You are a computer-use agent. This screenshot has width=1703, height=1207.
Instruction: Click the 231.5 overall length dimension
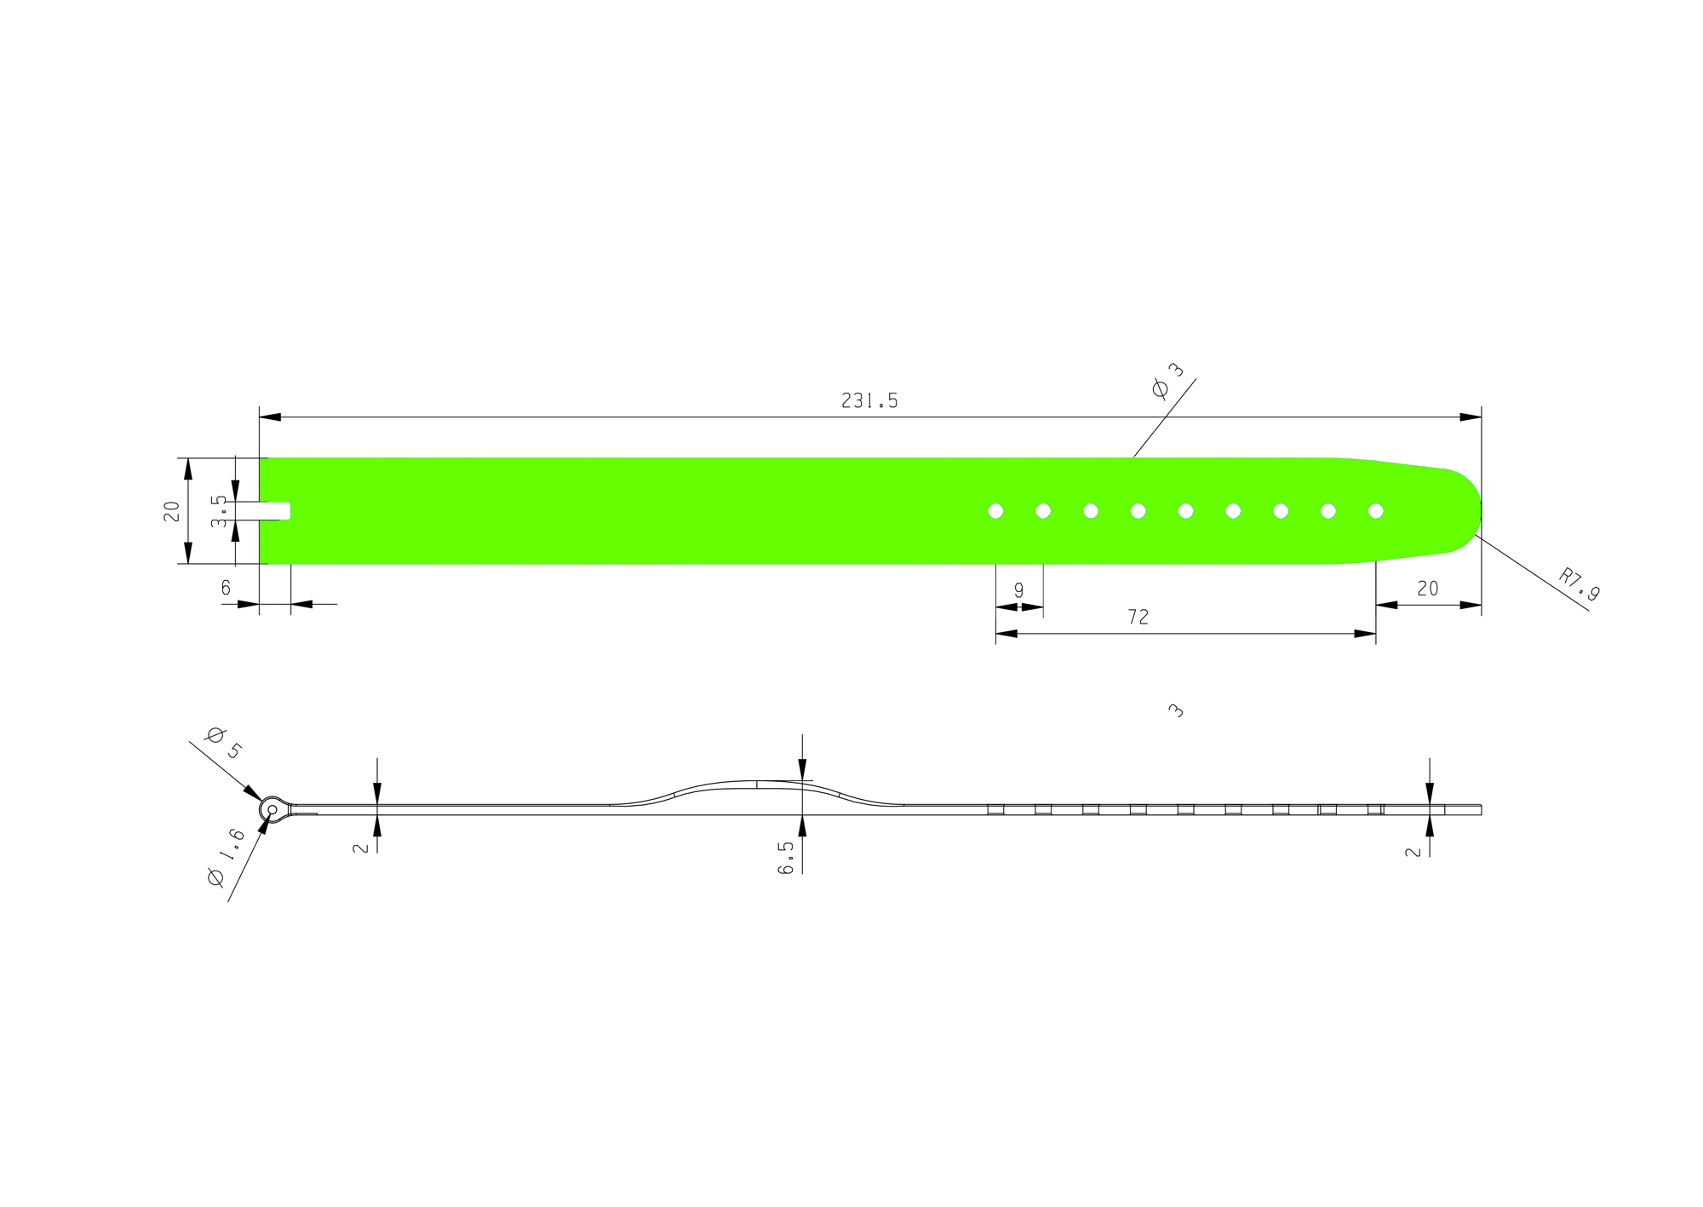869,400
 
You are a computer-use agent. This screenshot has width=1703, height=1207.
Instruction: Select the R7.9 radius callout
1579,584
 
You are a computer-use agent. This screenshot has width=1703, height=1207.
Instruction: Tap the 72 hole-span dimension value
1138,618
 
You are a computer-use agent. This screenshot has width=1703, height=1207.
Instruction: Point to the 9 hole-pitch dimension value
1018,590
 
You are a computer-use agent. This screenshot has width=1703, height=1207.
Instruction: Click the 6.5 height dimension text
786,857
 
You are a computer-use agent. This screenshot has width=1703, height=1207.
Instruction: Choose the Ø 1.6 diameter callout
226,858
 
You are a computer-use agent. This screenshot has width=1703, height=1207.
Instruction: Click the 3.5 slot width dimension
219,511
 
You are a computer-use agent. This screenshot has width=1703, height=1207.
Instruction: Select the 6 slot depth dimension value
226,588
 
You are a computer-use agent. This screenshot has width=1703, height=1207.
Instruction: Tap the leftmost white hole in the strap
995,511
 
